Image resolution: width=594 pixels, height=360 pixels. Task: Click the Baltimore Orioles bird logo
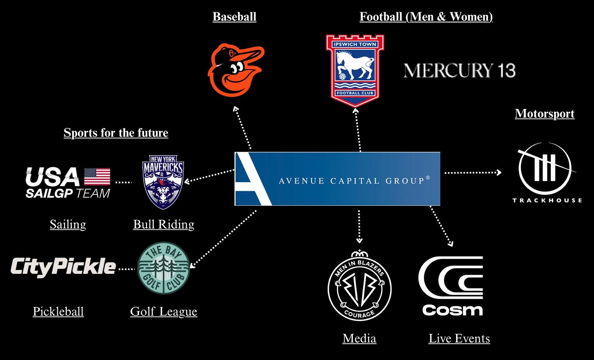click(236, 70)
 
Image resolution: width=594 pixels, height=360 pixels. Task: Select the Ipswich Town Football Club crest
click(355, 70)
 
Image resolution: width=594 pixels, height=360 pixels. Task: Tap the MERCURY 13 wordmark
click(459, 71)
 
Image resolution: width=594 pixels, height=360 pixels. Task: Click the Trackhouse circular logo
click(545, 169)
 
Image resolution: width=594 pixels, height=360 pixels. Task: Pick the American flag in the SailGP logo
click(97, 177)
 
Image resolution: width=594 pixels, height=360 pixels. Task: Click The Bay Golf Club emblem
click(164, 268)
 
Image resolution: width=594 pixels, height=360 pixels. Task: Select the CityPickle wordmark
click(63, 267)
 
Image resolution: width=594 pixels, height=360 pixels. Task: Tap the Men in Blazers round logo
click(359, 287)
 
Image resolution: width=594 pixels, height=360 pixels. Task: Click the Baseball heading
click(235, 17)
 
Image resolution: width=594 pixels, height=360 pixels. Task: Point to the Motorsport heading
click(545, 113)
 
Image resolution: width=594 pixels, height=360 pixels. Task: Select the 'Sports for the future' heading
click(116, 133)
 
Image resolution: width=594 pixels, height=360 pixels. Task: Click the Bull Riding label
click(164, 224)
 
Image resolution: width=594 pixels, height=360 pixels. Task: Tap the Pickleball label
click(58, 311)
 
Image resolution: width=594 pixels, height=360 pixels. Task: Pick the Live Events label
click(459, 338)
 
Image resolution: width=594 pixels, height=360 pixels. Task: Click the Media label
click(359, 338)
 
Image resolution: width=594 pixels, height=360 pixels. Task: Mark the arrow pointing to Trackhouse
click(472, 173)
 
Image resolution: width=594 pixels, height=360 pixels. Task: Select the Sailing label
click(68, 224)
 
